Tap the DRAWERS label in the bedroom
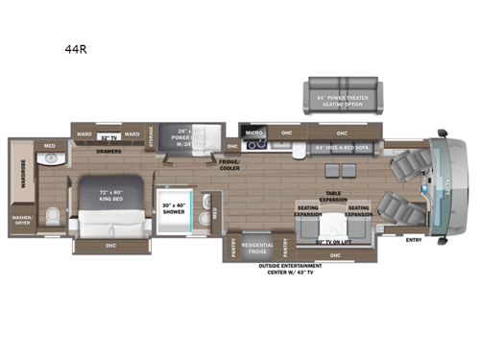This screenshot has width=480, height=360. pos(108,151)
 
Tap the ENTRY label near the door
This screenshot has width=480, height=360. pos(414,239)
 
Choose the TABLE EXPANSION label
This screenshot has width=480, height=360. pos(333,196)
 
